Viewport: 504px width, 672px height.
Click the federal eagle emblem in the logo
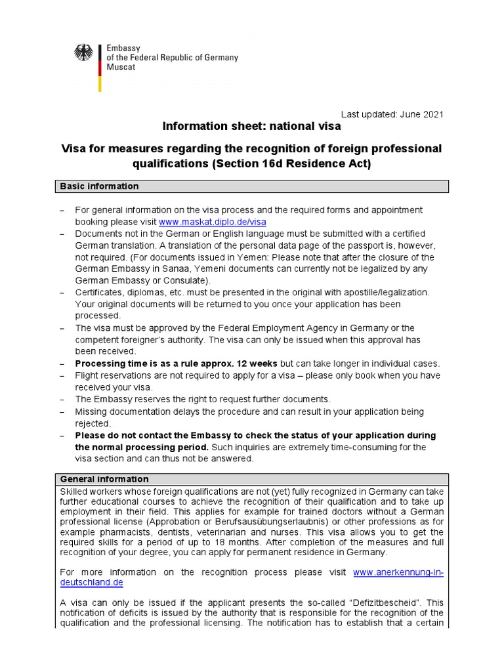83,53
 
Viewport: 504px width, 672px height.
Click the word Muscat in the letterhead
121,68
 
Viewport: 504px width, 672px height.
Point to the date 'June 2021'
421,114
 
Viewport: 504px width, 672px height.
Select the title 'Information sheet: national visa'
251,126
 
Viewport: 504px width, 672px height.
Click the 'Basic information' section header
99,186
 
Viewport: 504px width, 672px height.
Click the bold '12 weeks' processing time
258,364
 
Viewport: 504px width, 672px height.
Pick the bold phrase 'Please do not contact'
123,435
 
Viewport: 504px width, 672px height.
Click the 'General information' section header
104,479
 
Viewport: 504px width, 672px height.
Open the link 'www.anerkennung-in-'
398,572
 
